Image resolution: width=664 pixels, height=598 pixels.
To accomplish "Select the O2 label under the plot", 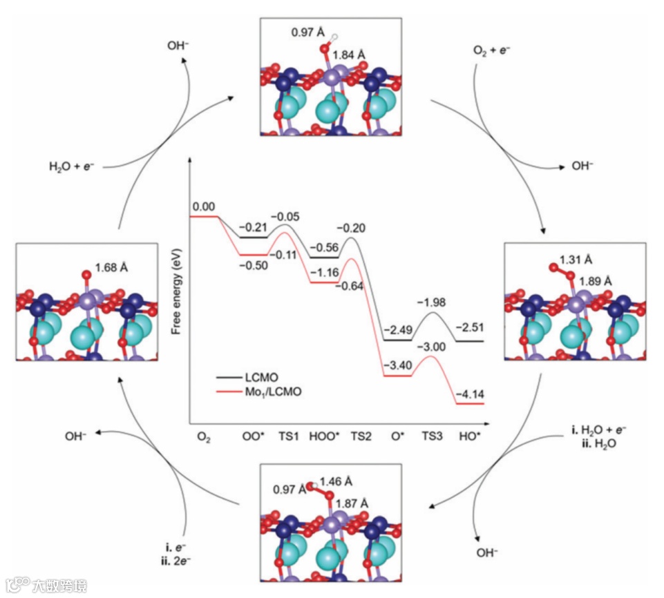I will pyautogui.click(x=203, y=438).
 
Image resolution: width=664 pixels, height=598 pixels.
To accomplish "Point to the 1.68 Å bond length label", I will pyautogui.click(x=111, y=267).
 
